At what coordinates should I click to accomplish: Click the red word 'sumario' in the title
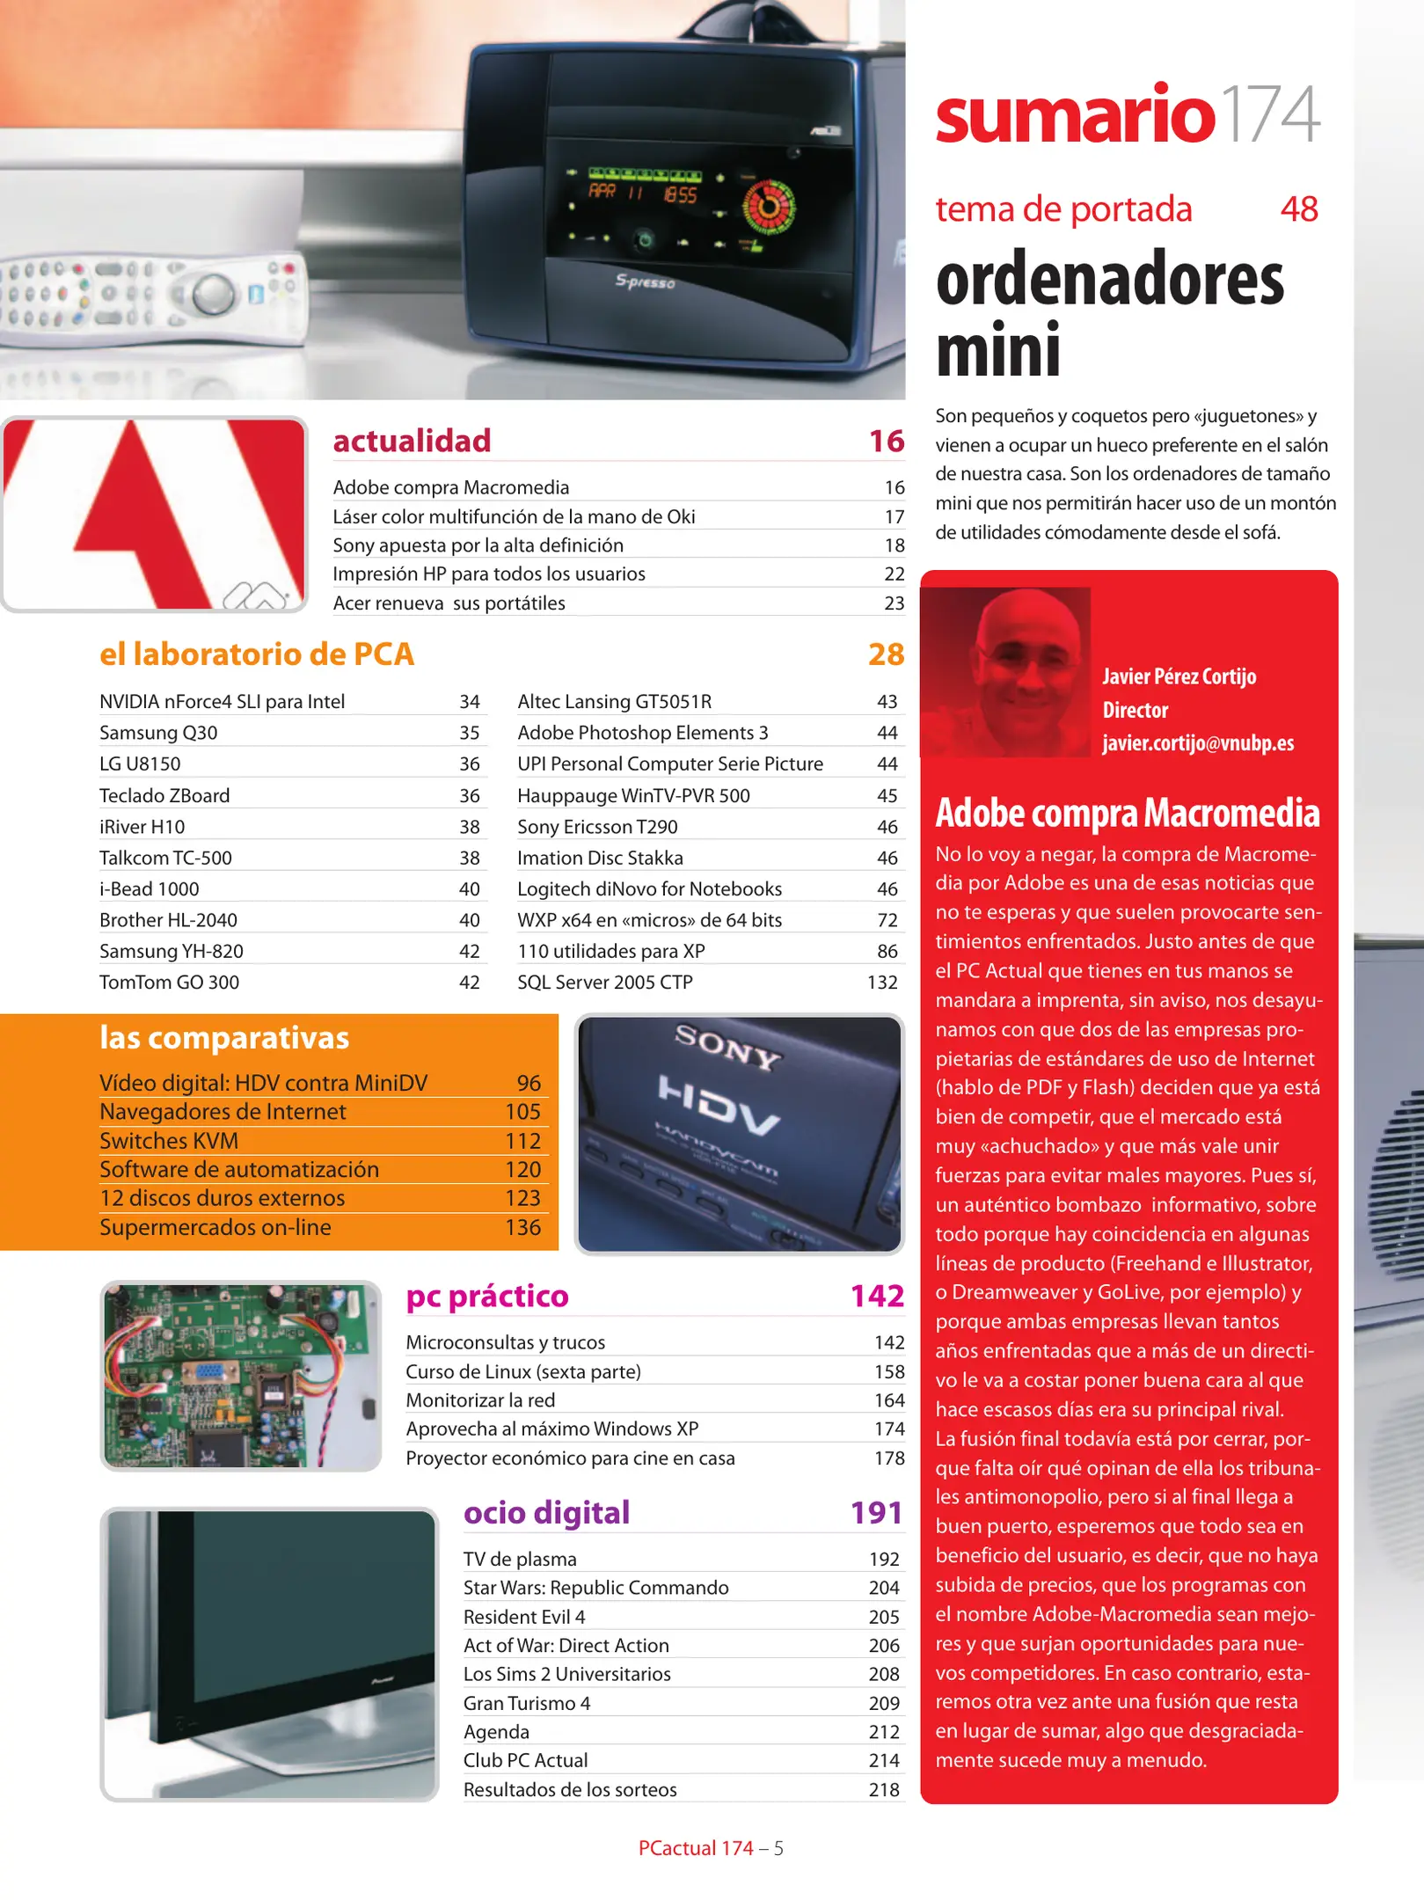pyautogui.click(x=1074, y=115)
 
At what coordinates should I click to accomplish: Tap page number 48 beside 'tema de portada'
pyautogui.click(x=1298, y=209)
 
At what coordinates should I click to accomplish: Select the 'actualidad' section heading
pyautogui.click(x=412, y=441)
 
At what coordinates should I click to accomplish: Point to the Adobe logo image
pyautogui.click(x=155, y=515)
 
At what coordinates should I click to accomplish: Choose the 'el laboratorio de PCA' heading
pyautogui.click(x=256, y=654)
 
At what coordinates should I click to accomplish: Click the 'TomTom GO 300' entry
pyautogui.click(x=169, y=983)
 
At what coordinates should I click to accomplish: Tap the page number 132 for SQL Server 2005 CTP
pyautogui.click(x=881, y=983)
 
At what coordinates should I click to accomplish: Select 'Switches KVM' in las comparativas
pyautogui.click(x=169, y=1141)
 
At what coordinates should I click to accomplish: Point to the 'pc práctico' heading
pyautogui.click(x=487, y=1297)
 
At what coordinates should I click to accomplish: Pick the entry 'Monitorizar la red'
pyautogui.click(x=480, y=1400)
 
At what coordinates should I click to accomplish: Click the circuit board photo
pyautogui.click(x=240, y=1376)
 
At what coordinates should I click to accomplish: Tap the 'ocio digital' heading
pyautogui.click(x=546, y=1513)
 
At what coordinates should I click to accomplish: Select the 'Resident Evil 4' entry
pyautogui.click(x=524, y=1617)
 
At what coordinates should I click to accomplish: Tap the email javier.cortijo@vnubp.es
pyautogui.click(x=1198, y=743)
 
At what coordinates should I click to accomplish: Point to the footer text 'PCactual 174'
pyautogui.click(x=696, y=1848)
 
